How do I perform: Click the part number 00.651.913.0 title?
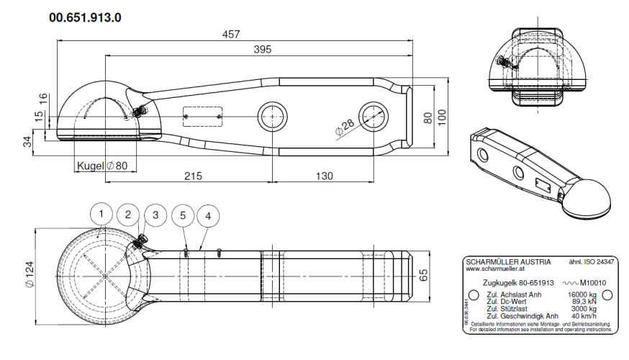(x=85, y=17)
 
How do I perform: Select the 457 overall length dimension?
(x=230, y=35)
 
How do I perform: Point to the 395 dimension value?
(x=263, y=49)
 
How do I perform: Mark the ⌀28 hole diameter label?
(x=345, y=128)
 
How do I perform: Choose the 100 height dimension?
(x=442, y=117)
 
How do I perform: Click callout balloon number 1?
(x=103, y=214)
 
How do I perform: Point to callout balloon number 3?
(x=155, y=215)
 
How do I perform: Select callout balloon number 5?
(x=183, y=215)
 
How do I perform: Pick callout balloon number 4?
(x=208, y=215)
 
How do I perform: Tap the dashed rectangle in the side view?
(x=203, y=117)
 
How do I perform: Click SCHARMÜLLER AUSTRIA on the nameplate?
(x=508, y=261)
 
